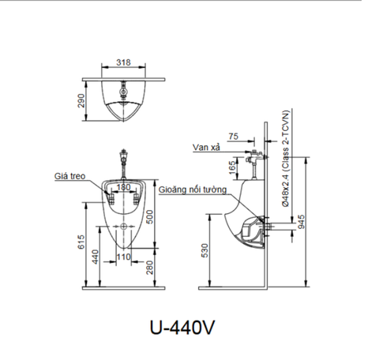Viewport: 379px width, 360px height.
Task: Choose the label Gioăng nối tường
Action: click(x=193, y=190)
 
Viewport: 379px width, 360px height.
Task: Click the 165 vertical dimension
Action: click(x=231, y=167)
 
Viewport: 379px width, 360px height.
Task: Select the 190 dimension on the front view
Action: click(x=124, y=187)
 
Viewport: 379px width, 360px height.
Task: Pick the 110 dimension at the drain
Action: click(x=123, y=257)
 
